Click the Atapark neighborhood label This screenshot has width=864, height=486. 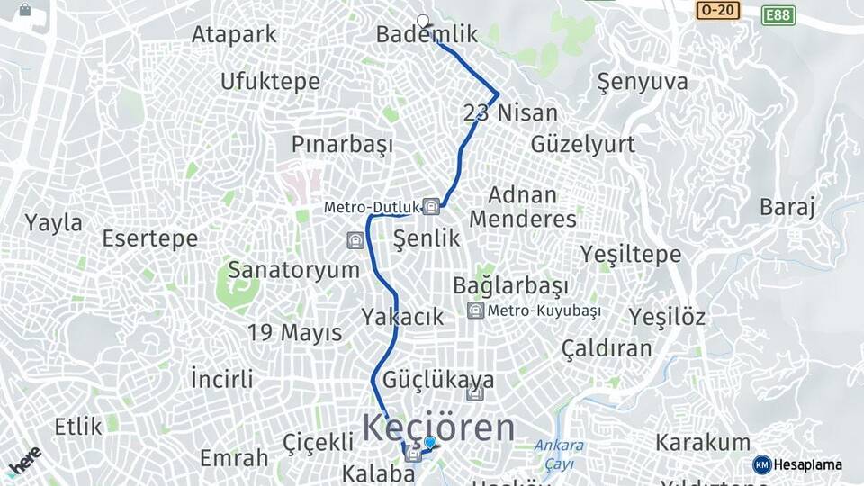[x=234, y=34]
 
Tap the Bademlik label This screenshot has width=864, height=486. [x=427, y=35]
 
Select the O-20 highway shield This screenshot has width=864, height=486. [x=717, y=10]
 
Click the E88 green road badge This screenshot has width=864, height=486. [x=778, y=14]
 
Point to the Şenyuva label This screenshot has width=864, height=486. [x=643, y=82]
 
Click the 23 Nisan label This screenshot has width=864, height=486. [x=510, y=113]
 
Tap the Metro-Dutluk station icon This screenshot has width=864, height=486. [x=431, y=207]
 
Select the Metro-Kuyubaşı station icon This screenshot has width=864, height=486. [x=475, y=310]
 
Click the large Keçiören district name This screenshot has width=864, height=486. [x=439, y=428]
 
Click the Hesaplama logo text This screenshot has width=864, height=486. [x=807, y=464]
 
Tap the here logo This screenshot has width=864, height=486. [x=25, y=460]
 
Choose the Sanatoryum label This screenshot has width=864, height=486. [x=293, y=269]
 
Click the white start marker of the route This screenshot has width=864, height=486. [x=423, y=21]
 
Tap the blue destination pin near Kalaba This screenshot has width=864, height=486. [x=430, y=443]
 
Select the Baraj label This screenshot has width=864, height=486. [x=787, y=208]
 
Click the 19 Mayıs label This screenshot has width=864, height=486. [x=295, y=332]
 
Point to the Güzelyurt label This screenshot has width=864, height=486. [x=582, y=144]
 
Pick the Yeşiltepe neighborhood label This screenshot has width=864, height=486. [x=630, y=255]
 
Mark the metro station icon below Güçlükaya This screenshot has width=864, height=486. [x=475, y=393]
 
